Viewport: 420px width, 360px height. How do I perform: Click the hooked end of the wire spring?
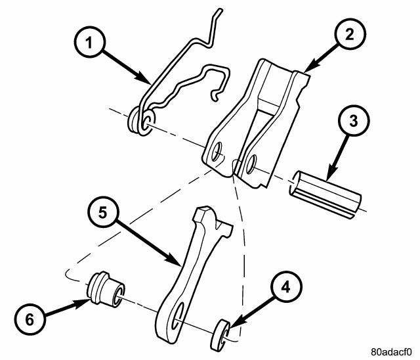click(x=217, y=96)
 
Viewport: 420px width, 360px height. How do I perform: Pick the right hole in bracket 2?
click(x=250, y=166)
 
